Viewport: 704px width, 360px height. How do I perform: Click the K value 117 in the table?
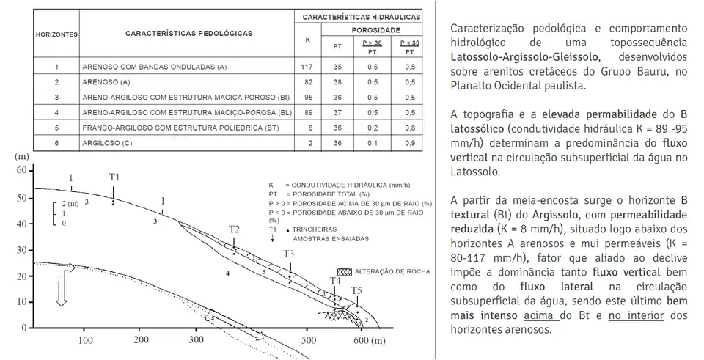point(307,67)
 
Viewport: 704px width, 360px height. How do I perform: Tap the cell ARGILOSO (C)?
point(106,143)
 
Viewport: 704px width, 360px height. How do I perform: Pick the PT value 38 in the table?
point(337,82)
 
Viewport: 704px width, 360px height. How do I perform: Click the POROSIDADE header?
point(375,30)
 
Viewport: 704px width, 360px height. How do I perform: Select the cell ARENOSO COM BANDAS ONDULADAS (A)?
point(155,67)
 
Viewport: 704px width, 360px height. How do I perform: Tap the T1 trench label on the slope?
point(114,177)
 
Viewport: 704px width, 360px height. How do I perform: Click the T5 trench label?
point(356,291)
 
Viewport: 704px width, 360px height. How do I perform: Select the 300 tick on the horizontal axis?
point(196,341)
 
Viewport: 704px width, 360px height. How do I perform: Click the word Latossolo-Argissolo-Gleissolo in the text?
point(515,56)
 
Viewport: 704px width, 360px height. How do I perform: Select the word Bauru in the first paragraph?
point(640,71)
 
